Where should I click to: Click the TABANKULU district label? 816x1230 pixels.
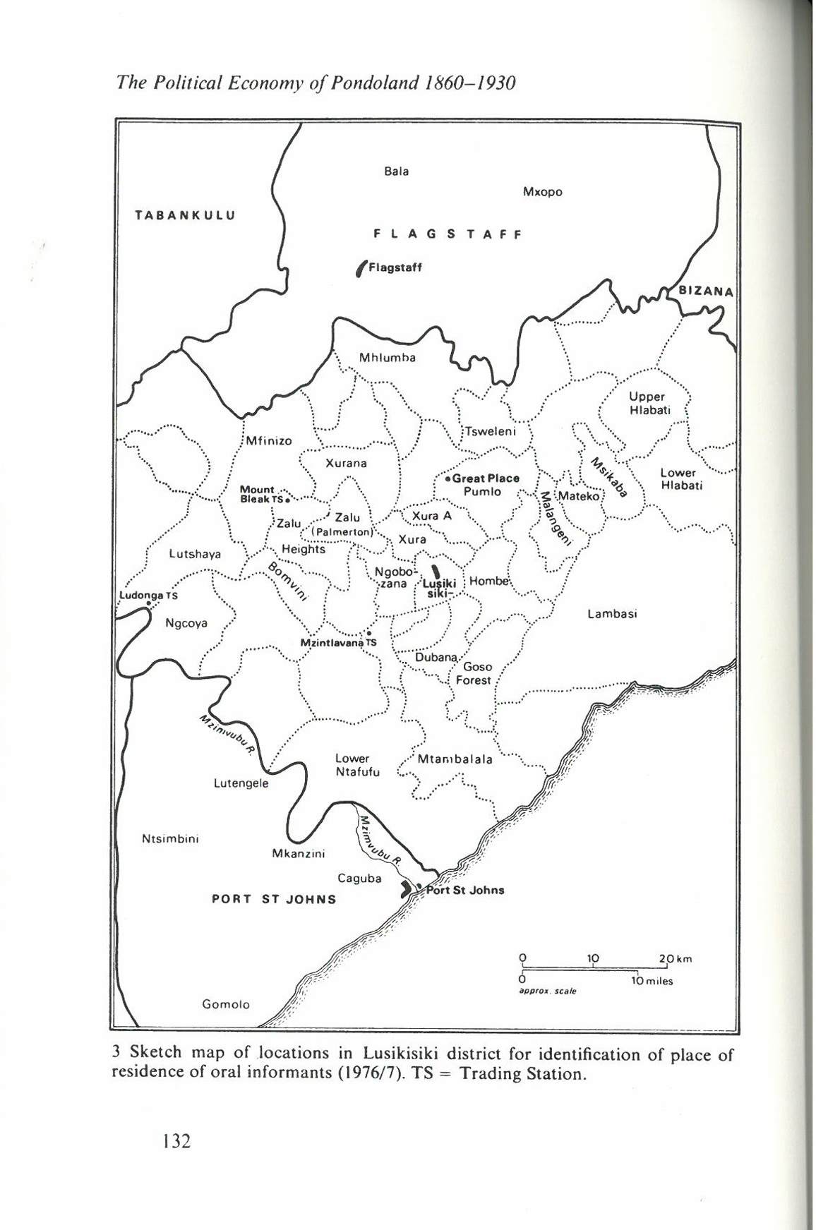(x=185, y=215)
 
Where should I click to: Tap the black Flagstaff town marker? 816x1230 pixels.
(x=361, y=269)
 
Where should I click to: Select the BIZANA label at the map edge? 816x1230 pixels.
(x=706, y=291)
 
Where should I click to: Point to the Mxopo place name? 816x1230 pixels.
(x=542, y=192)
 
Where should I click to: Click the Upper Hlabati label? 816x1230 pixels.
(x=647, y=403)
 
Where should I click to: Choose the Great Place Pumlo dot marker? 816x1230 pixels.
(x=448, y=478)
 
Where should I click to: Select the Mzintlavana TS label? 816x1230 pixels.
(x=338, y=643)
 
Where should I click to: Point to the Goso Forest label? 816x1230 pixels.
(x=474, y=673)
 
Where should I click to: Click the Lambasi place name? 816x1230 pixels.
(x=612, y=614)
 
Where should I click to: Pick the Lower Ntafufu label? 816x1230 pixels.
(x=357, y=765)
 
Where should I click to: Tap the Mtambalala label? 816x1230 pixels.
(x=455, y=760)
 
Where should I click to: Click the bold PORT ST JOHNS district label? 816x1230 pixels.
(x=274, y=899)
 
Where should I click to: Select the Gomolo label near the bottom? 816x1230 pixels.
(x=226, y=1004)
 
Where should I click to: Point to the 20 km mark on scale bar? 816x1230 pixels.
(x=668, y=958)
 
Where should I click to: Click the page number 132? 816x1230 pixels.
(x=176, y=1140)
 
